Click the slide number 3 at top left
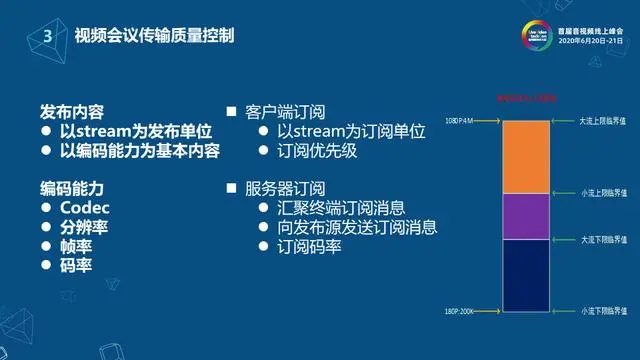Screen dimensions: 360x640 (46, 36)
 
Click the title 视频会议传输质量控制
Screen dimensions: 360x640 (154, 36)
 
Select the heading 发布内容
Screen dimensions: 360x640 (72, 110)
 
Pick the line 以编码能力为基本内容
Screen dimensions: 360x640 (140, 151)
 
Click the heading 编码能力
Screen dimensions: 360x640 (72, 188)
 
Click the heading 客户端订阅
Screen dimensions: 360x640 (285, 111)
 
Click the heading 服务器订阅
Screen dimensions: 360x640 (285, 188)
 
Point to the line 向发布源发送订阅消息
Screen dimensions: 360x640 (357, 227)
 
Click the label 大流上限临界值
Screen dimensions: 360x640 (603, 120)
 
